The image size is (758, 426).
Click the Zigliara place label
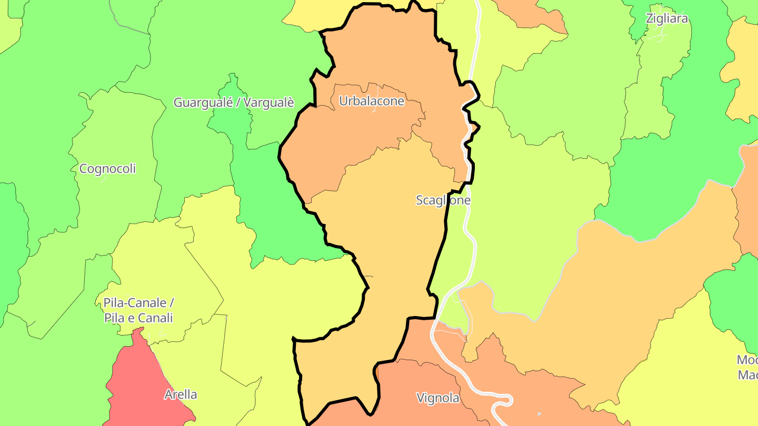pyautogui.click(x=667, y=19)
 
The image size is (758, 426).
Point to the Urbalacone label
pyautogui.click(x=372, y=101)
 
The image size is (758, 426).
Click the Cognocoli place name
pyautogui.click(x=107, y=169)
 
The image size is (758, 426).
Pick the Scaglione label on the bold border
pyautogui.click(x=443, y=200)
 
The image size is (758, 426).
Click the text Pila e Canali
pyautogui.click(x=138, y=318)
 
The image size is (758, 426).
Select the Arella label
pyautogui.click(x=181, y=394)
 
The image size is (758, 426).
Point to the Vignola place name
pyautogui.click(x=438, y=398)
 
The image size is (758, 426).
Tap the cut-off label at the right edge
pyautogui.click(x=747, y=368)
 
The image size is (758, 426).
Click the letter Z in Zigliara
pyautogui.click(x=650, y=19)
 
